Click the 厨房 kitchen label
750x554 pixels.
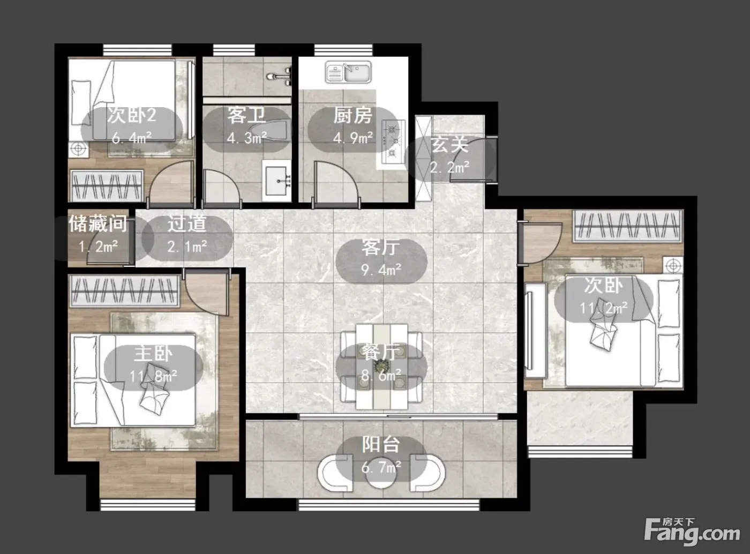tap(352, 115)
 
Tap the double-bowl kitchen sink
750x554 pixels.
tap(348, 72)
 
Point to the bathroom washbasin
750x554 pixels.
tap(277, 181)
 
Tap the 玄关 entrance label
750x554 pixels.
tap(449, 145)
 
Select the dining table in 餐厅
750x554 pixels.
tap(381, 367)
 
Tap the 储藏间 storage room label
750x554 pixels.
tap(98, 223)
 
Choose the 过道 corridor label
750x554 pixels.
tap(187, 223)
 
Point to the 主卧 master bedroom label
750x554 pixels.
tap(153, 354)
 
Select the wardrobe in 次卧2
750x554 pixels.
tap(107, 186)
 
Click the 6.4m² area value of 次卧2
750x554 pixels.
tap(132, 138)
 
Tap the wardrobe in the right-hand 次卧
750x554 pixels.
tap(627, 226)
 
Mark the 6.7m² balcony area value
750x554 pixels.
tap(381, 468)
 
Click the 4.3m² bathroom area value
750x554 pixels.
tap(247, 138)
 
